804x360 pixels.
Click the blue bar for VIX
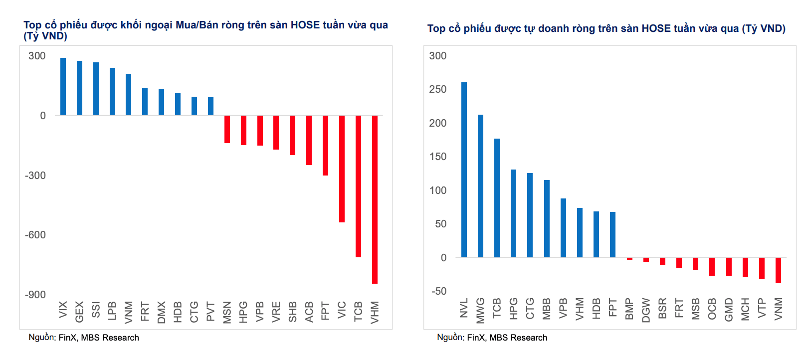pos(63,86)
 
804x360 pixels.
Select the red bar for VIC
pos(342,169)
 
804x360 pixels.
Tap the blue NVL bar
pos(464,170)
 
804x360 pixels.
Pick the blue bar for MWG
pos(481,186)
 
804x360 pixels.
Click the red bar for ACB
pos(309,140)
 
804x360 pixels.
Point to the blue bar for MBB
pos(547,218)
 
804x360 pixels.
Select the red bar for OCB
pos(712,267)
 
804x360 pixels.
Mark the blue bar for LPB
pos(112,92)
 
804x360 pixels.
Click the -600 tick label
pos(35,235)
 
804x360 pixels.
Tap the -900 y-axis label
pos(35,295)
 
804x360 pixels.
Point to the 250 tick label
pos(438,89)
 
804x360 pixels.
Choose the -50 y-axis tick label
pos(439,291)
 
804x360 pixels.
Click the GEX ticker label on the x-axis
pos(79,312)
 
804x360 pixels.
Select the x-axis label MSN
pos(227,313)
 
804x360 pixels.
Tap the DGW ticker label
pos(646,310)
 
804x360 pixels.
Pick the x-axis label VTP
pos(761,308)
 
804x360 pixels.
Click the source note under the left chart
pos(84,338)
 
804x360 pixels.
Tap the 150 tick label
pos(438,157)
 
